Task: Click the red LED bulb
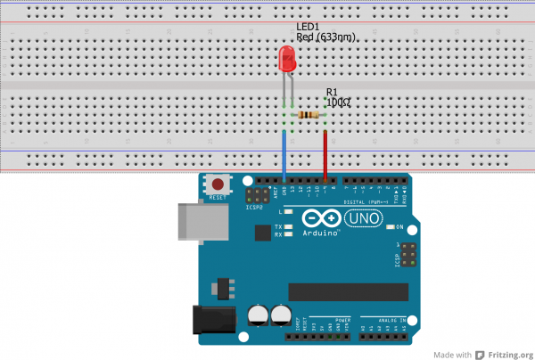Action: (x=288, y=60)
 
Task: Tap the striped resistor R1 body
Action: (x=309, y=115)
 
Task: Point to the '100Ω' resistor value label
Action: (x=338, y=102)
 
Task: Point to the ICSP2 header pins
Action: (x=258, y=194)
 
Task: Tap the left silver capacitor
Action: (x=259, y=314)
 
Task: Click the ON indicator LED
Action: (x=391, y=227)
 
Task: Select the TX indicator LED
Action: (x=289, y=226)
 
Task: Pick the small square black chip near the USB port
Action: (x=261, y=233)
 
